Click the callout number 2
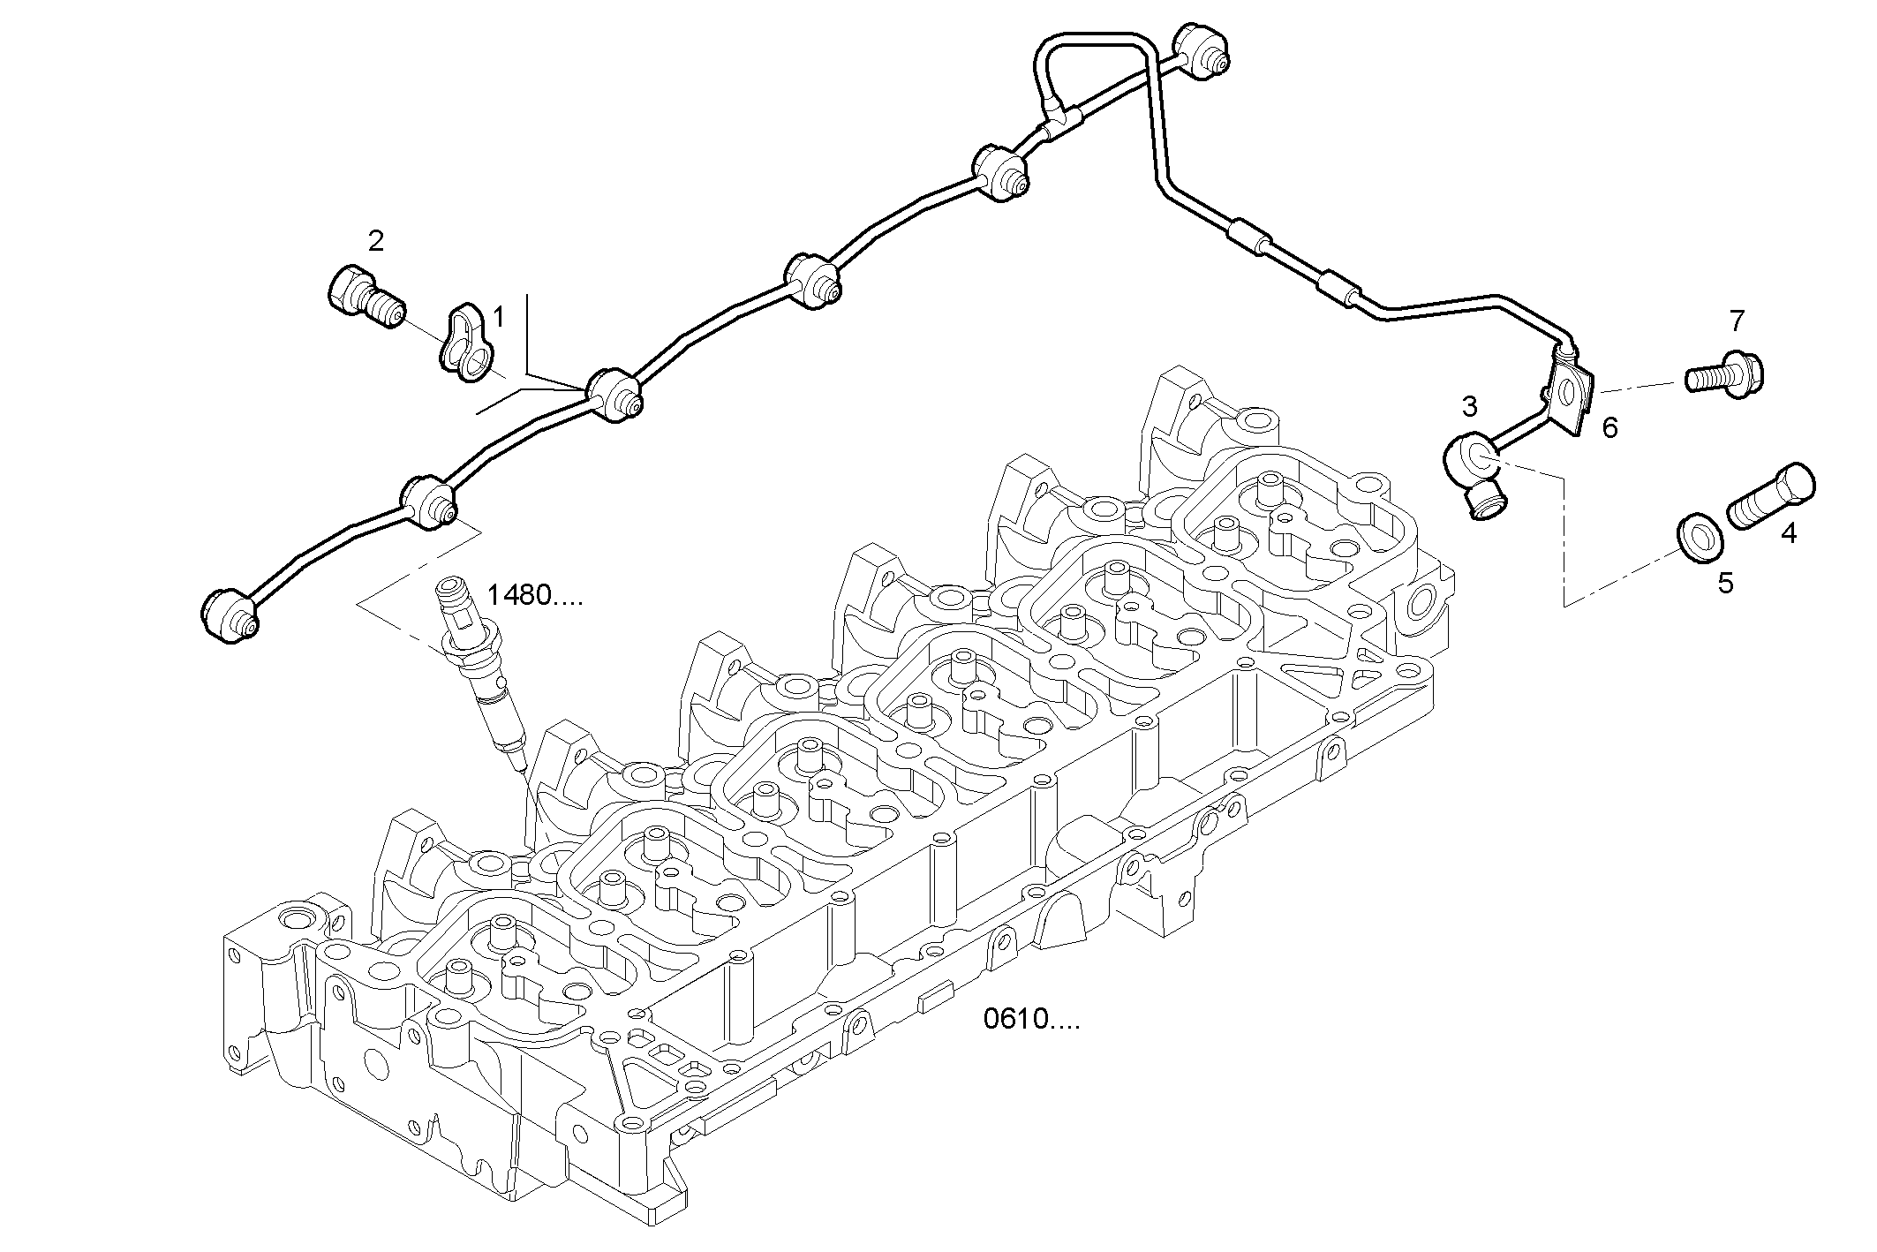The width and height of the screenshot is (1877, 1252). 376,240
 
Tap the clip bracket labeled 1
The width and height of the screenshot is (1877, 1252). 464,343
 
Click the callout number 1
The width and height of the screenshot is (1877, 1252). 498,316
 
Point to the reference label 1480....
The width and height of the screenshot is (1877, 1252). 535,596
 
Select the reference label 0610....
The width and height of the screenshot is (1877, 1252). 1031,1020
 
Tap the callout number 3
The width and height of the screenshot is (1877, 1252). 1469,407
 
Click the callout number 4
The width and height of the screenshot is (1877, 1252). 1788,533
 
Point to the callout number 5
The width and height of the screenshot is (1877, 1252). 1724,583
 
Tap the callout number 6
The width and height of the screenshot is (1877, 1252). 1609,429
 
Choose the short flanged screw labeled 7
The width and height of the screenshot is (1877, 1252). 1725,374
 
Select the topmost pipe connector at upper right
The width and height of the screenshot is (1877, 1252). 1199,50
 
